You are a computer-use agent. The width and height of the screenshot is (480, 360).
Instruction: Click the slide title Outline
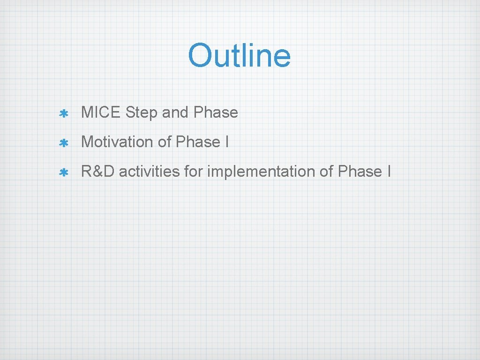pyautogui.click(x=240, y=55)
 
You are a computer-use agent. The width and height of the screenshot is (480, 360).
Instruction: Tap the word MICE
pyautogui.click(x=101, y=112)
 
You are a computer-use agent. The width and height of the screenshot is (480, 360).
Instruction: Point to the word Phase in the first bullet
pyautogui.click(x=216, y=112)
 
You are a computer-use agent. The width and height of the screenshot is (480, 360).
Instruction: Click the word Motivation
pyautogui.click(x=118, y=142)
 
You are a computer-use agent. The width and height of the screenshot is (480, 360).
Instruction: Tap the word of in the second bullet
pyautogui.click(x=165, y=142)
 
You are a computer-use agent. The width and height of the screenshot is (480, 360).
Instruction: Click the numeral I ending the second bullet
pyautogui.click(x=226, y=142)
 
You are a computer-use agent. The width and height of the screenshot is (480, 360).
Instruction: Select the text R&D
pyautogui.click(x=98, y=172)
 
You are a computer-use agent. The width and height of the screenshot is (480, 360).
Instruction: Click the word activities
pyautogui.click(x=149, y=172)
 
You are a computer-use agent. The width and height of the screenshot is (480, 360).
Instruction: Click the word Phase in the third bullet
pyautogui.click(x=360, y=172)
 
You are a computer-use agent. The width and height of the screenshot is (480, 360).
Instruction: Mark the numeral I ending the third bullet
pyautogui.click(x=389, y=172)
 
